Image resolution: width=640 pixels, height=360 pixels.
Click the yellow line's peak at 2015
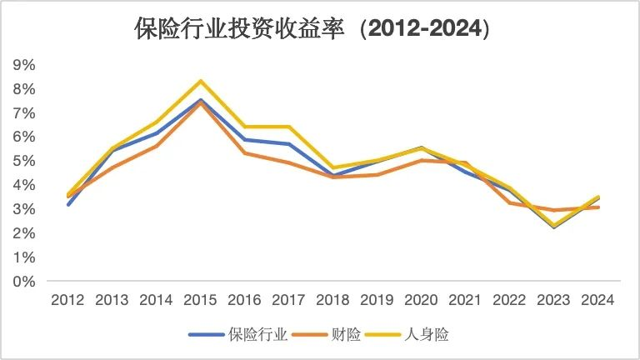(x=201, y=81)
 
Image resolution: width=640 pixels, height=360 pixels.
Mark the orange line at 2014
(x=157, y=146)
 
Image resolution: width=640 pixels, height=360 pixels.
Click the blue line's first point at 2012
(x=68, y=204)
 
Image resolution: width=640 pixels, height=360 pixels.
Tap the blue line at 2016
(x=245, y=139)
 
